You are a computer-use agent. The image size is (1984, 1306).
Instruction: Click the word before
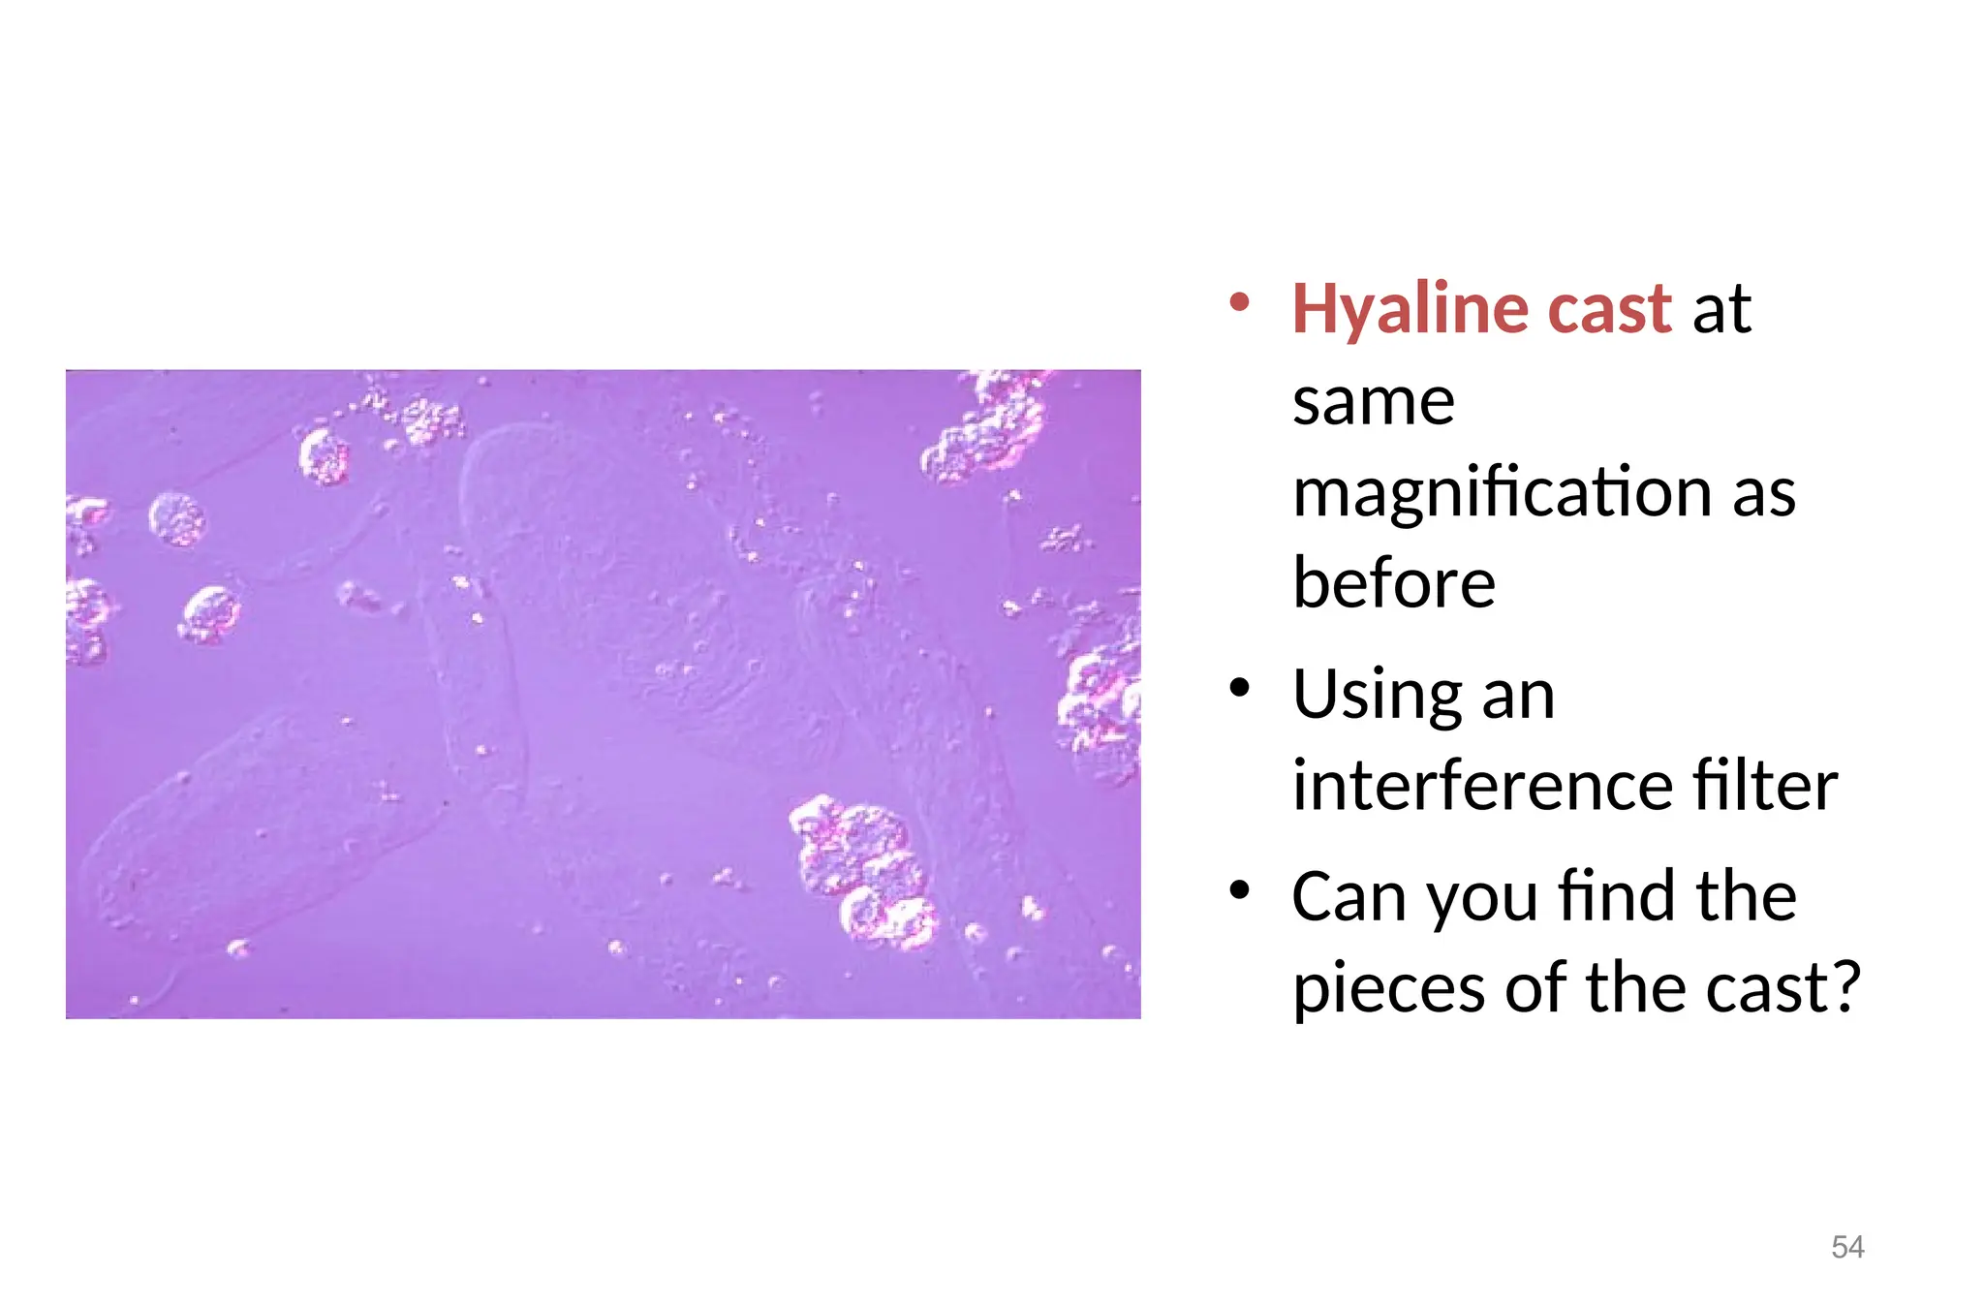point(1393,583)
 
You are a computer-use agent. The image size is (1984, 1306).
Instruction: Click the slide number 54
point(1847,1247)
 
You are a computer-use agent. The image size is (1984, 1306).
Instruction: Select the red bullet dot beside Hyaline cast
point(1239,302)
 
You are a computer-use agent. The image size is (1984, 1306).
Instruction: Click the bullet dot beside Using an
point(1239,689)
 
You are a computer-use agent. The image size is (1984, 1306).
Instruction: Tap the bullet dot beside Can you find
point(1239,890)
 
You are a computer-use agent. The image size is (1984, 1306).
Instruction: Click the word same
point(1373,401)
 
